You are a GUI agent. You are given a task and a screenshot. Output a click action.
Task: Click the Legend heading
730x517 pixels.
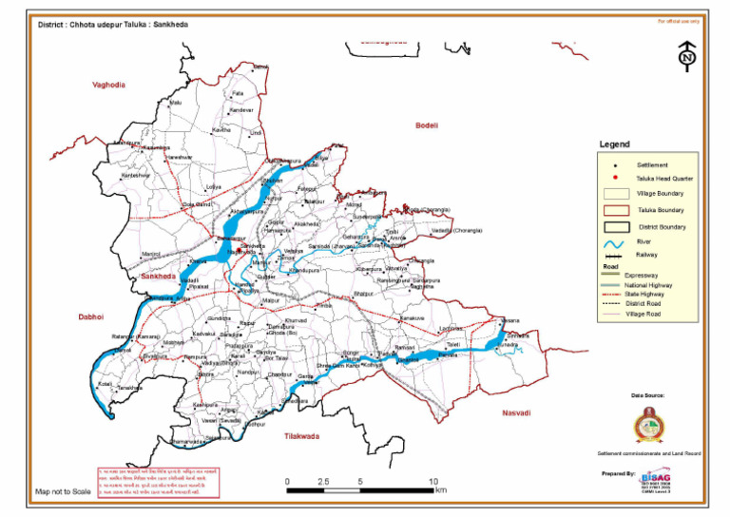[614, 144]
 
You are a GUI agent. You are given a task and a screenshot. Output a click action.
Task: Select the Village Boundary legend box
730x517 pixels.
[617, 193]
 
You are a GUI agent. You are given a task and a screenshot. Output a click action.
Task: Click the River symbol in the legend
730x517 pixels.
[617, 243]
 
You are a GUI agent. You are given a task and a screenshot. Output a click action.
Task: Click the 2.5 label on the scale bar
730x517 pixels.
[323, 482]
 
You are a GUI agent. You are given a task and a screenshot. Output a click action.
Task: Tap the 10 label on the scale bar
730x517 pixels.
[433, 482]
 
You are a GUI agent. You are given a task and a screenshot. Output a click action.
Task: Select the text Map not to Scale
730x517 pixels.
[63, 491]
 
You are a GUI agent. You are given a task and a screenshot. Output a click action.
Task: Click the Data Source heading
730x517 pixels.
[649, 394]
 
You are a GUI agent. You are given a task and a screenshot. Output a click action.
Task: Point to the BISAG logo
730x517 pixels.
[656, 478]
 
